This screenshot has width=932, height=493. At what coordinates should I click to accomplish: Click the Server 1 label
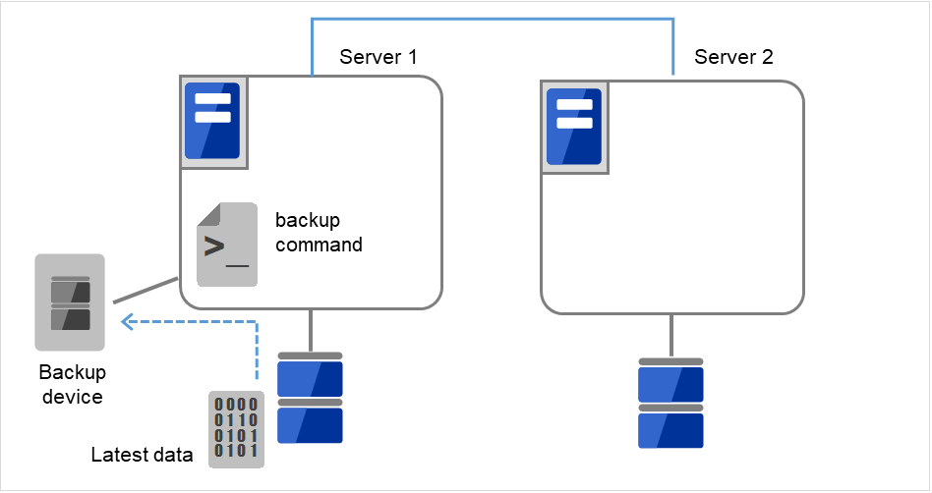[x=378, y=57]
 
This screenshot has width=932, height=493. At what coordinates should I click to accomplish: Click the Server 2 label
[x=733, y=57]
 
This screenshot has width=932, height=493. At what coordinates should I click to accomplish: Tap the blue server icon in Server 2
[x=574, y=128]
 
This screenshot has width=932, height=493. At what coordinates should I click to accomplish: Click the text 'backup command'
[x=319, y=232]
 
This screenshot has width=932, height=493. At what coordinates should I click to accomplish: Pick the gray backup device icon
[x=70, y=302]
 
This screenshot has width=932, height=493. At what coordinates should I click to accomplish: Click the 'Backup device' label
[x=72, y=385]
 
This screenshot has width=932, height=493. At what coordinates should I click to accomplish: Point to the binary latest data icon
[x=236, y=428]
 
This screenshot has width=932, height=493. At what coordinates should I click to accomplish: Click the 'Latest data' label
[x=142, y=455]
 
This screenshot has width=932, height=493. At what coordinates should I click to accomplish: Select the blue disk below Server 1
[x=310, y=397]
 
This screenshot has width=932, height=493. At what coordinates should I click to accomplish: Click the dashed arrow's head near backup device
[x=126, y=321]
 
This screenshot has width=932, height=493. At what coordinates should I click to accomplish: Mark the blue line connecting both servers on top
[x=492, y=18]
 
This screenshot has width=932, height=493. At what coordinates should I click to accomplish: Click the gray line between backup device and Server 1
[x=145, y=291]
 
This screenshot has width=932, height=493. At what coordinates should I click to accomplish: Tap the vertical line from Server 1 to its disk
[x=311, y=330]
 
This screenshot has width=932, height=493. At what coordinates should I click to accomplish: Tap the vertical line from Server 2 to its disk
[x=671, y=335]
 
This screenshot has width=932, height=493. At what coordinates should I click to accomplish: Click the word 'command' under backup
[x=319, y=245]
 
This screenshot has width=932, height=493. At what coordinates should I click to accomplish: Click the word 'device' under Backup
[x=72, y=397]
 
